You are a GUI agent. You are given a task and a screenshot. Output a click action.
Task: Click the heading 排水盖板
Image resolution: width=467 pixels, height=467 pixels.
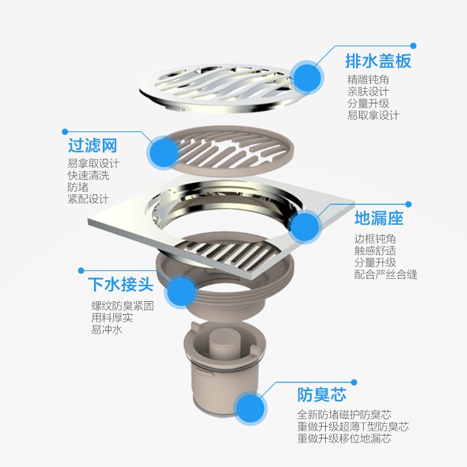378,61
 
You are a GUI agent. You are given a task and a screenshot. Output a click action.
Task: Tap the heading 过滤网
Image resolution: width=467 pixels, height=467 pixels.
92,145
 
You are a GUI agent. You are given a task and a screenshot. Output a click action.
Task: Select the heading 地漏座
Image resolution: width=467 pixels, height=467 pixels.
379,218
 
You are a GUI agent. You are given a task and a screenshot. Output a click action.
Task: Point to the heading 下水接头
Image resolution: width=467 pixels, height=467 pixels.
121,284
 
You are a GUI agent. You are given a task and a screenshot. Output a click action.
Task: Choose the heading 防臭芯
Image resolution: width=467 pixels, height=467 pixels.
322,395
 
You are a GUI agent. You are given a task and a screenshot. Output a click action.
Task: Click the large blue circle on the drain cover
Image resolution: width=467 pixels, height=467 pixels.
307,78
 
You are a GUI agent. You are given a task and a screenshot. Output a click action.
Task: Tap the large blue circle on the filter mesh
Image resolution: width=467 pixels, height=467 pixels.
163,153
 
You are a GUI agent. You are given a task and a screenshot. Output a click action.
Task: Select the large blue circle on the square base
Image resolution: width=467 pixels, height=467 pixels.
305,226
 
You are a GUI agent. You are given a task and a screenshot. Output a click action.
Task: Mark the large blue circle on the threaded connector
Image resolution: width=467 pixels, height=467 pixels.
181,291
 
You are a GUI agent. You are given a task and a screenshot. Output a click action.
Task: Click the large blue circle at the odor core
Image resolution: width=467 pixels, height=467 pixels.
250,408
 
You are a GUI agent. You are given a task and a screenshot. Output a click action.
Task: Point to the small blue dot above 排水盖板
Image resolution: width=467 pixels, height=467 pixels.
413,46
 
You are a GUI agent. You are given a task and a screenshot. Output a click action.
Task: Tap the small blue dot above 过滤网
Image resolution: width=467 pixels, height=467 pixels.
65,131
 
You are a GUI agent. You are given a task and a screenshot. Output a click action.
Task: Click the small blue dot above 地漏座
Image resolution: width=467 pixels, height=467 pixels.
408,204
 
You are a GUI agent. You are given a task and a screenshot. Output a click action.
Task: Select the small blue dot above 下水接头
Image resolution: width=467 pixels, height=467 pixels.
81,270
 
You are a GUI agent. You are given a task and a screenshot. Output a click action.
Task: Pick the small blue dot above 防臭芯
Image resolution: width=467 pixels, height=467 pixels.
354,382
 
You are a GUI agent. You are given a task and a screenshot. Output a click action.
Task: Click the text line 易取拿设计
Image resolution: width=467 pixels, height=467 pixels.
373,115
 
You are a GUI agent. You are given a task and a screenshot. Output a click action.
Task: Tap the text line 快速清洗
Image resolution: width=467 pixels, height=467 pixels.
89,175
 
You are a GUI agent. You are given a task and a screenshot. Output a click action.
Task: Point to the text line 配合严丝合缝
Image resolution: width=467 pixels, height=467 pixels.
386,274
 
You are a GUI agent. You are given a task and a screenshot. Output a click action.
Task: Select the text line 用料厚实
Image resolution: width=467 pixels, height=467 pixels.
112,318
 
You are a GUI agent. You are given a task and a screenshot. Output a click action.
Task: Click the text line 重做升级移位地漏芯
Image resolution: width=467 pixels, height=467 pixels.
344,438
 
